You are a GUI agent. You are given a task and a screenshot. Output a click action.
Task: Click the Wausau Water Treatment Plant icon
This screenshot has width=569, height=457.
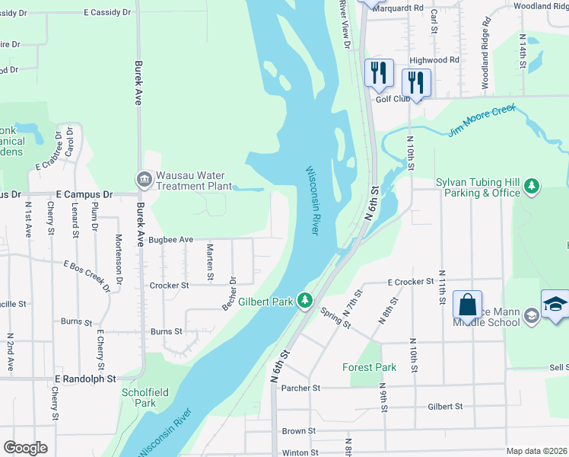tap(144, 180)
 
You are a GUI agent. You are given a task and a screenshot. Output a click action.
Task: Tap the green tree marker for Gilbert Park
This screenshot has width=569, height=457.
tap(305, 302)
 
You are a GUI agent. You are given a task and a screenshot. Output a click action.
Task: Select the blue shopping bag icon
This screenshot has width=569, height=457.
tap(467, 304)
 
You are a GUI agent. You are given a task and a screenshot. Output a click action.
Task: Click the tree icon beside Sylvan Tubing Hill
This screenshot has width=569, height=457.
tap(533, 186)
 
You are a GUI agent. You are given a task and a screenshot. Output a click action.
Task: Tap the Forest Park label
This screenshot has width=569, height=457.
tap(369, 367)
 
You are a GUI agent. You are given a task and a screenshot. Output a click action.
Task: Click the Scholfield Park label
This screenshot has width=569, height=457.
tap(138, 397)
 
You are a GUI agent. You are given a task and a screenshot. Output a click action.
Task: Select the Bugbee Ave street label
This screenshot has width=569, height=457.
tap(170, 239)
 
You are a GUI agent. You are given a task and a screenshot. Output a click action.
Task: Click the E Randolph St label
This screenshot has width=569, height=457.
tap(85, 378)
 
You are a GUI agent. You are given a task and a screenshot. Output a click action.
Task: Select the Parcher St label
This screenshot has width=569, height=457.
tap(300, 388)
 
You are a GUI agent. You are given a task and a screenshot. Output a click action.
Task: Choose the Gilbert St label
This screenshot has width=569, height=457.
tap(446, 407)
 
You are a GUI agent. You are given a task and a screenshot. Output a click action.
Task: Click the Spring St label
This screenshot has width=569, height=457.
tap(335, 318)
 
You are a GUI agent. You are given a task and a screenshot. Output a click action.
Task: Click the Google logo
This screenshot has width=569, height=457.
tap(25, 448)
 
